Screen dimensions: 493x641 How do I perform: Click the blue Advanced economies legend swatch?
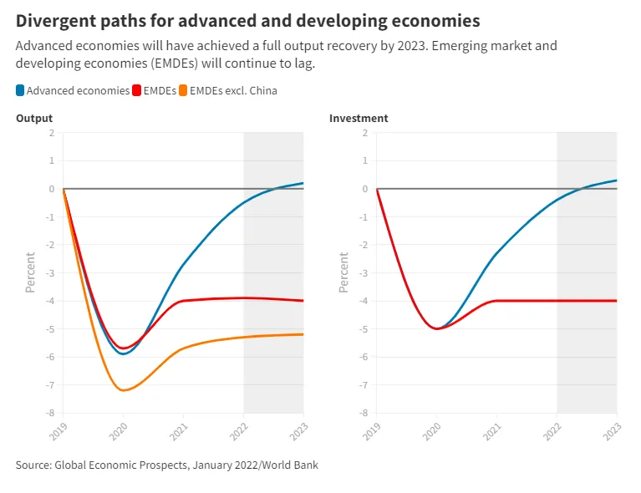click(20, 90)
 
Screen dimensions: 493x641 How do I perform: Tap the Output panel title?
click(34, 118)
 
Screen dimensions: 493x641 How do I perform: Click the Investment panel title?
click(359, 118)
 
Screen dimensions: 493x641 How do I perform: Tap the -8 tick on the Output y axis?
click(51, 413)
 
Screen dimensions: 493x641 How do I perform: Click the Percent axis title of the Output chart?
click(30, 272)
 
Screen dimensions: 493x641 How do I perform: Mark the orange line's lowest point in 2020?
click(124, 390)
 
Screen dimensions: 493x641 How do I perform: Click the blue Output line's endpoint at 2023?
click(303, 183)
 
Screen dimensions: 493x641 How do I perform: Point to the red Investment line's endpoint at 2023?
click(617, 301)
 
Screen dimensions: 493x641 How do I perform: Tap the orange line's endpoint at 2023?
click(303, 334)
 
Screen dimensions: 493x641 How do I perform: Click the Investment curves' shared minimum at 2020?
click(436, 328)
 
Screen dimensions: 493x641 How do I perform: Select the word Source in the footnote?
click(33, 465)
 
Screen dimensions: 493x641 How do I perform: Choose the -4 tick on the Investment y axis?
click(364, 301)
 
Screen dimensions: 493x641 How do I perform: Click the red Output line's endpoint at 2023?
click(303, 301)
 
